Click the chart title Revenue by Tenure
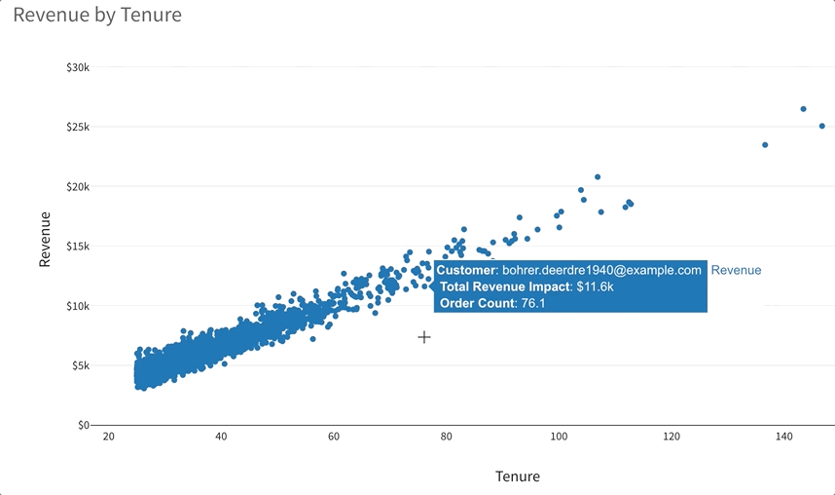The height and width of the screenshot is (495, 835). [97, 16]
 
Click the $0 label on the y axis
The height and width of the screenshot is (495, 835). [84, 425]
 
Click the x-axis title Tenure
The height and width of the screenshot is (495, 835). [517, 476]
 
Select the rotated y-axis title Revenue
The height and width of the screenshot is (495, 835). [45, 239]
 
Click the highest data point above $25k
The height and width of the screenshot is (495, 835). [803, 109]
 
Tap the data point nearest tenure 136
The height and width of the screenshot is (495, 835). [765, 145]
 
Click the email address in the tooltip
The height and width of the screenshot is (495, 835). [601, 270]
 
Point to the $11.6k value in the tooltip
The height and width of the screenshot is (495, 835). [595, 287]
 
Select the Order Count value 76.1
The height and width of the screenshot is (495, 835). [529, 304]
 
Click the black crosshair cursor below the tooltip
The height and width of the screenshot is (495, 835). [424, 337]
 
